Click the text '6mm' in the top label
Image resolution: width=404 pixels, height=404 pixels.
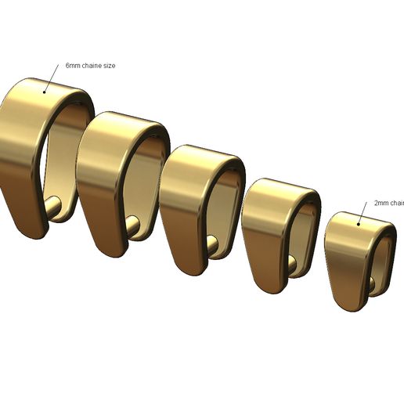point(73,66)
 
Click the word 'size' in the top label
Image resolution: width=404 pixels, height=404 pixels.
point(109,66)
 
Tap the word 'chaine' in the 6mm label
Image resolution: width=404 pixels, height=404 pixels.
point(90,66)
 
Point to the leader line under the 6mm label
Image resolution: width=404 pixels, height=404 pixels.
point(52,78)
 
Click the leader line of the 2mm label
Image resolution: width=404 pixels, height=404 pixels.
point(363,212)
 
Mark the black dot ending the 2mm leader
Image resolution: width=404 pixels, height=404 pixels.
point(359,223)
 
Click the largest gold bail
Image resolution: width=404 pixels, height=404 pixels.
point(23,149)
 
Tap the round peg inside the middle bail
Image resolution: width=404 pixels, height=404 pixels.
point(212,247)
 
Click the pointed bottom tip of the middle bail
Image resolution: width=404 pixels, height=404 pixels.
point(188,271)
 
